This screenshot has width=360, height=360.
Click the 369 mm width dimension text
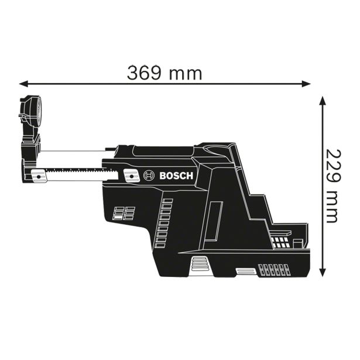click(164, 73)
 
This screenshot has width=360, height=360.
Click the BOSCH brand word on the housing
click(177, 175)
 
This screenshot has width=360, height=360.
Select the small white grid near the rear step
click(282, 240)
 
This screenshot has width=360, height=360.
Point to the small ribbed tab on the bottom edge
click(243, 271)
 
